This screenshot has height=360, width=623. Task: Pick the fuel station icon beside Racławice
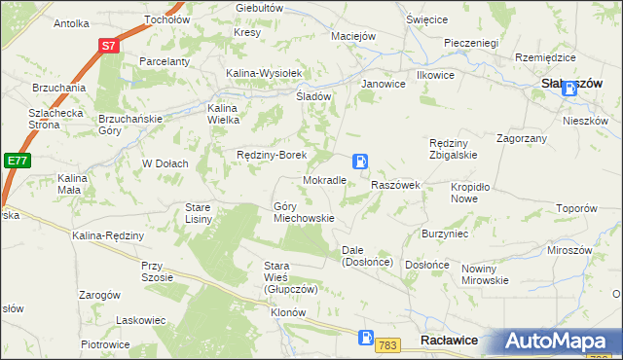[x=365, y=339]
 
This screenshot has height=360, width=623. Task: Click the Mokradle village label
[x=325, y=181]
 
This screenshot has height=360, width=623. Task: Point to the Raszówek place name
[x=395, y=185]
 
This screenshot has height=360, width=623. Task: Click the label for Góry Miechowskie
[x=304, y=212]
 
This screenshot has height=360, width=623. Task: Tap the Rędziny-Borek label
[x=273, y=155]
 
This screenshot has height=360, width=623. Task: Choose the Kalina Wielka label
[x=223, y=114]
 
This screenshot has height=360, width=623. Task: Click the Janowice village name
[x=383, y=84]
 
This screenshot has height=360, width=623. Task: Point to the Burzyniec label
[x=445, y=234]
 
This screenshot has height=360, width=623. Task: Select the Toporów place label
[x=575, y=208]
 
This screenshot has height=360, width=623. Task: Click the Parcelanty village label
[x=163, y=61]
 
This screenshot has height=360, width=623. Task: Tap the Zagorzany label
[x=521, y=139]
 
